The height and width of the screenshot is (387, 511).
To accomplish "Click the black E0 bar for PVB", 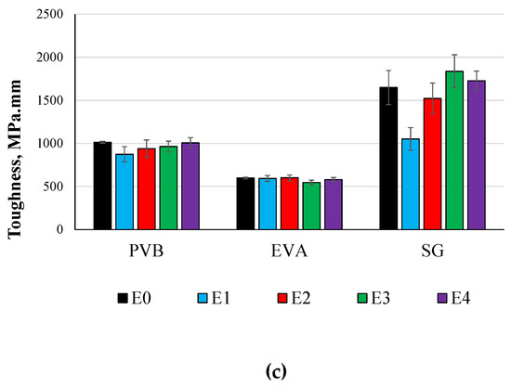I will (102, 186).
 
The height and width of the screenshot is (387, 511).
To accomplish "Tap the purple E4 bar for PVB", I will (190, 186).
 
